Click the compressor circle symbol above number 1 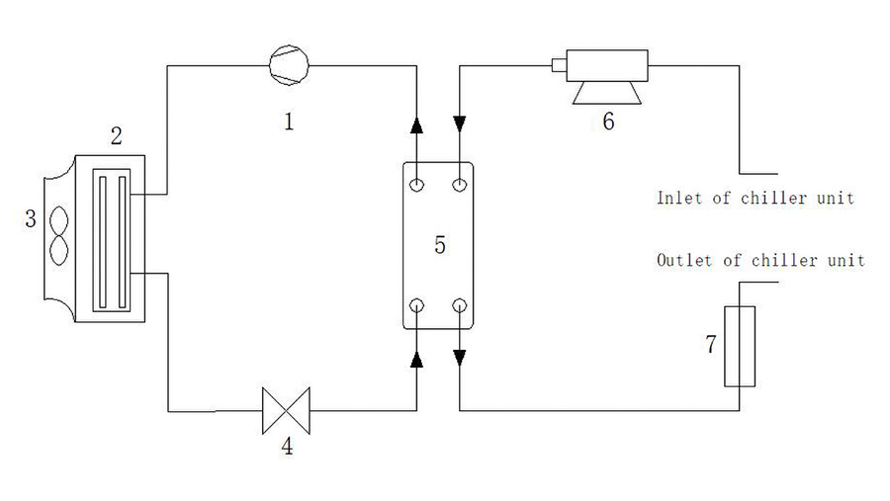(x=289, y=65)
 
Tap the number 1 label (x=289, y=122)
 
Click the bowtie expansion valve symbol (x=285, y=409)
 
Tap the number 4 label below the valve (x=287, y=447)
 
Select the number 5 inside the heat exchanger (x=439, y=246)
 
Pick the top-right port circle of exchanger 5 (x=460, y=185)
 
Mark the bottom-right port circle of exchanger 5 (x=460, y=305)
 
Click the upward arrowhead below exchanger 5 (x=417, y=359)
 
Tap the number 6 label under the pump (x=608, y=122)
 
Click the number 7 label (x=710, y=345)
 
